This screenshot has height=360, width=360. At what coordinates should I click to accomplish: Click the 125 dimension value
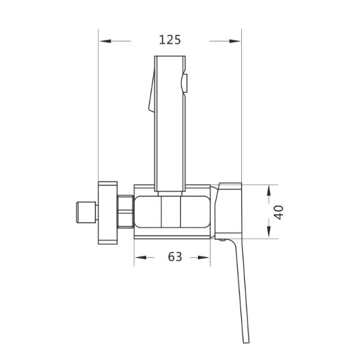(x=170, y=40)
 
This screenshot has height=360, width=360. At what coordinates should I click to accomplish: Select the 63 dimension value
(x=175, y=256)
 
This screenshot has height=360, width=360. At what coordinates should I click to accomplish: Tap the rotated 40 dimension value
(x=279, y=212)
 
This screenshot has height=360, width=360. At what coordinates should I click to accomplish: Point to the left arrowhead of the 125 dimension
(x=105, y=41)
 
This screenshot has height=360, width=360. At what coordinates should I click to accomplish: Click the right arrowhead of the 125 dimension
(x=234, y=41)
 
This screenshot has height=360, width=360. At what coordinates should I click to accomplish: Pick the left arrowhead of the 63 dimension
(x=140, y=257)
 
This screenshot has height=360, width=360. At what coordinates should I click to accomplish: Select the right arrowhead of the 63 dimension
(x=203, y=257)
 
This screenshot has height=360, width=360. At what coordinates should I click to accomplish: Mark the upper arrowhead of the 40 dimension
(x=269, y=191)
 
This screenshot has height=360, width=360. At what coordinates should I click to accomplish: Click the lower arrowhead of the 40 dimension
(x=269, y=231)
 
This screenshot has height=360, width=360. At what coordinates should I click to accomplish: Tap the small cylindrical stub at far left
(x=86, y=212)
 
